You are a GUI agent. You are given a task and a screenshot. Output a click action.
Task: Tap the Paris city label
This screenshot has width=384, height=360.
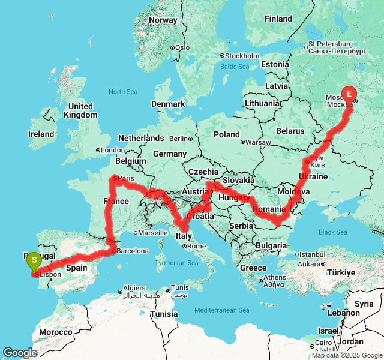click(x=126, y=178)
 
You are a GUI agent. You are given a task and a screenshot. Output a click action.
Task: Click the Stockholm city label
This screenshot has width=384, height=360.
click(x=242, y=56)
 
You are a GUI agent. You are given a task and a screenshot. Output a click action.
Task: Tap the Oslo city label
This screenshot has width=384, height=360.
click(x=182, y=47)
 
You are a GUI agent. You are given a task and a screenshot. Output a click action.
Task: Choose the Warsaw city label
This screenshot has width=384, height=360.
click(x=259, y=142)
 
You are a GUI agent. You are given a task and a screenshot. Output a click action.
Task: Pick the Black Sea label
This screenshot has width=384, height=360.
click(x=332, y=232)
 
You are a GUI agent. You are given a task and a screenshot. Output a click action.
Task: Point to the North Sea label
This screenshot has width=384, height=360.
click(x=123, y=92)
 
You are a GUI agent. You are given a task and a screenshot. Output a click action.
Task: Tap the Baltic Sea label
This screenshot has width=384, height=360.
click(x=234, y=67)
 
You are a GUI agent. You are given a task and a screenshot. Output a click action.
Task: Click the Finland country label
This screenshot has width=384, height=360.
click(x=278, y=19)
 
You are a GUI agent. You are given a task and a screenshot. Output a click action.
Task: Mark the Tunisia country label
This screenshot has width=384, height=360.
click(x=163, y=314)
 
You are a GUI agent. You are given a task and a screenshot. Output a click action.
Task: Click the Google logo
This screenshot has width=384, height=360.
click(x=20, y=353)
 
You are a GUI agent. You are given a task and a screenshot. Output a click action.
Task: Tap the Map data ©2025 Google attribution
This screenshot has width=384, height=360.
click(x=347, y=355)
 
